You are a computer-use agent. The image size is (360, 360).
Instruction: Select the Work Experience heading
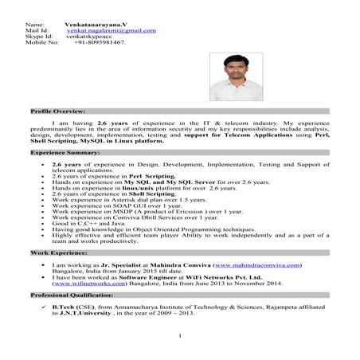click(59, 251)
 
